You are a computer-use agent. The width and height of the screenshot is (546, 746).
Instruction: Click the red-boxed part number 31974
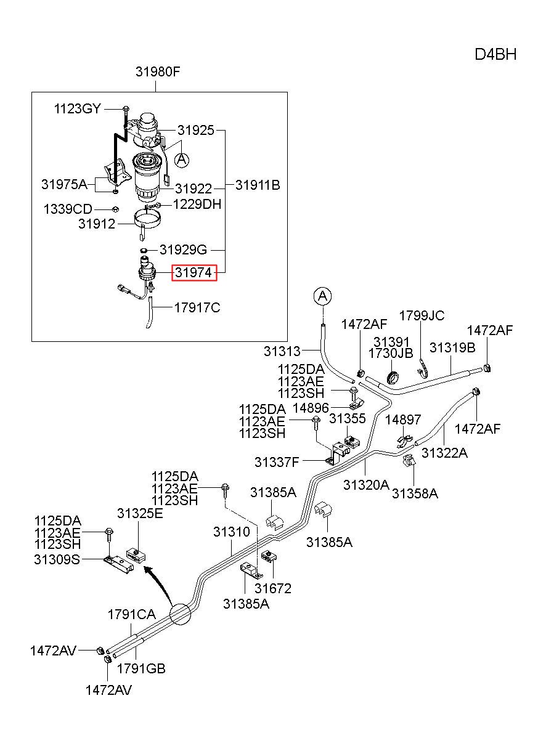coord(194,272)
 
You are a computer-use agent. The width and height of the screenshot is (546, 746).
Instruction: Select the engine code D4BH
coord(495,55)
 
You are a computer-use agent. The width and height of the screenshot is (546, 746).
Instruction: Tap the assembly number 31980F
coord(158,71)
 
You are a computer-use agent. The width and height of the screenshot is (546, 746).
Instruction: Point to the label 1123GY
coord(77,108)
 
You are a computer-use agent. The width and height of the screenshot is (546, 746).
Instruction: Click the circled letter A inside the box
coord(182,160)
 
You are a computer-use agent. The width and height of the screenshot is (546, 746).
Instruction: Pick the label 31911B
coord(258,185)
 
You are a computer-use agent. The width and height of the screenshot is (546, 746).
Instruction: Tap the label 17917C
coord(198,307)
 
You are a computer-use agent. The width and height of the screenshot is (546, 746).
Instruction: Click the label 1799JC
coord(422,315)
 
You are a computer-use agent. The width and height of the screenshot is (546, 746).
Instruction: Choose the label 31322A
coord(445,453)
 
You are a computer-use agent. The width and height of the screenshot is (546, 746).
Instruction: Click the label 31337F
coord(277,462)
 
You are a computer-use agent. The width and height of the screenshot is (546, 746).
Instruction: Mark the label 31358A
coord(415,493)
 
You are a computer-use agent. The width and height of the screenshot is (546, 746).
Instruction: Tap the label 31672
coord(273,588)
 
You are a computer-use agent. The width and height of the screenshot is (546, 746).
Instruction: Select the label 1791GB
coord(141,668)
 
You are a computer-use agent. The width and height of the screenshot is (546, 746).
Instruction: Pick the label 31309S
coord(57,559)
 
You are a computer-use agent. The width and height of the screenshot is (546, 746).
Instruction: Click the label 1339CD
coord(68,209)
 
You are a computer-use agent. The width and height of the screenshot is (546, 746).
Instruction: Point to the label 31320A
coord(367,485)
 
